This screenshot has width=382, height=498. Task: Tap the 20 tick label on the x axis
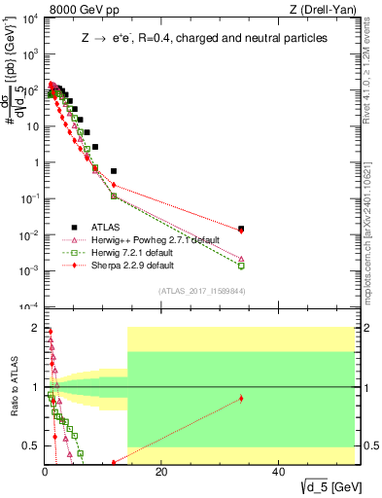(x=161, y=472)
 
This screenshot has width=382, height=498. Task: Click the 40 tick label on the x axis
(x=278, y=472)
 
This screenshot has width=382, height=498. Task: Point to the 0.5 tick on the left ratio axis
(x=29, y=445)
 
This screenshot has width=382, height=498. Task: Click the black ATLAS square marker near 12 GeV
(x=114, y=170)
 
